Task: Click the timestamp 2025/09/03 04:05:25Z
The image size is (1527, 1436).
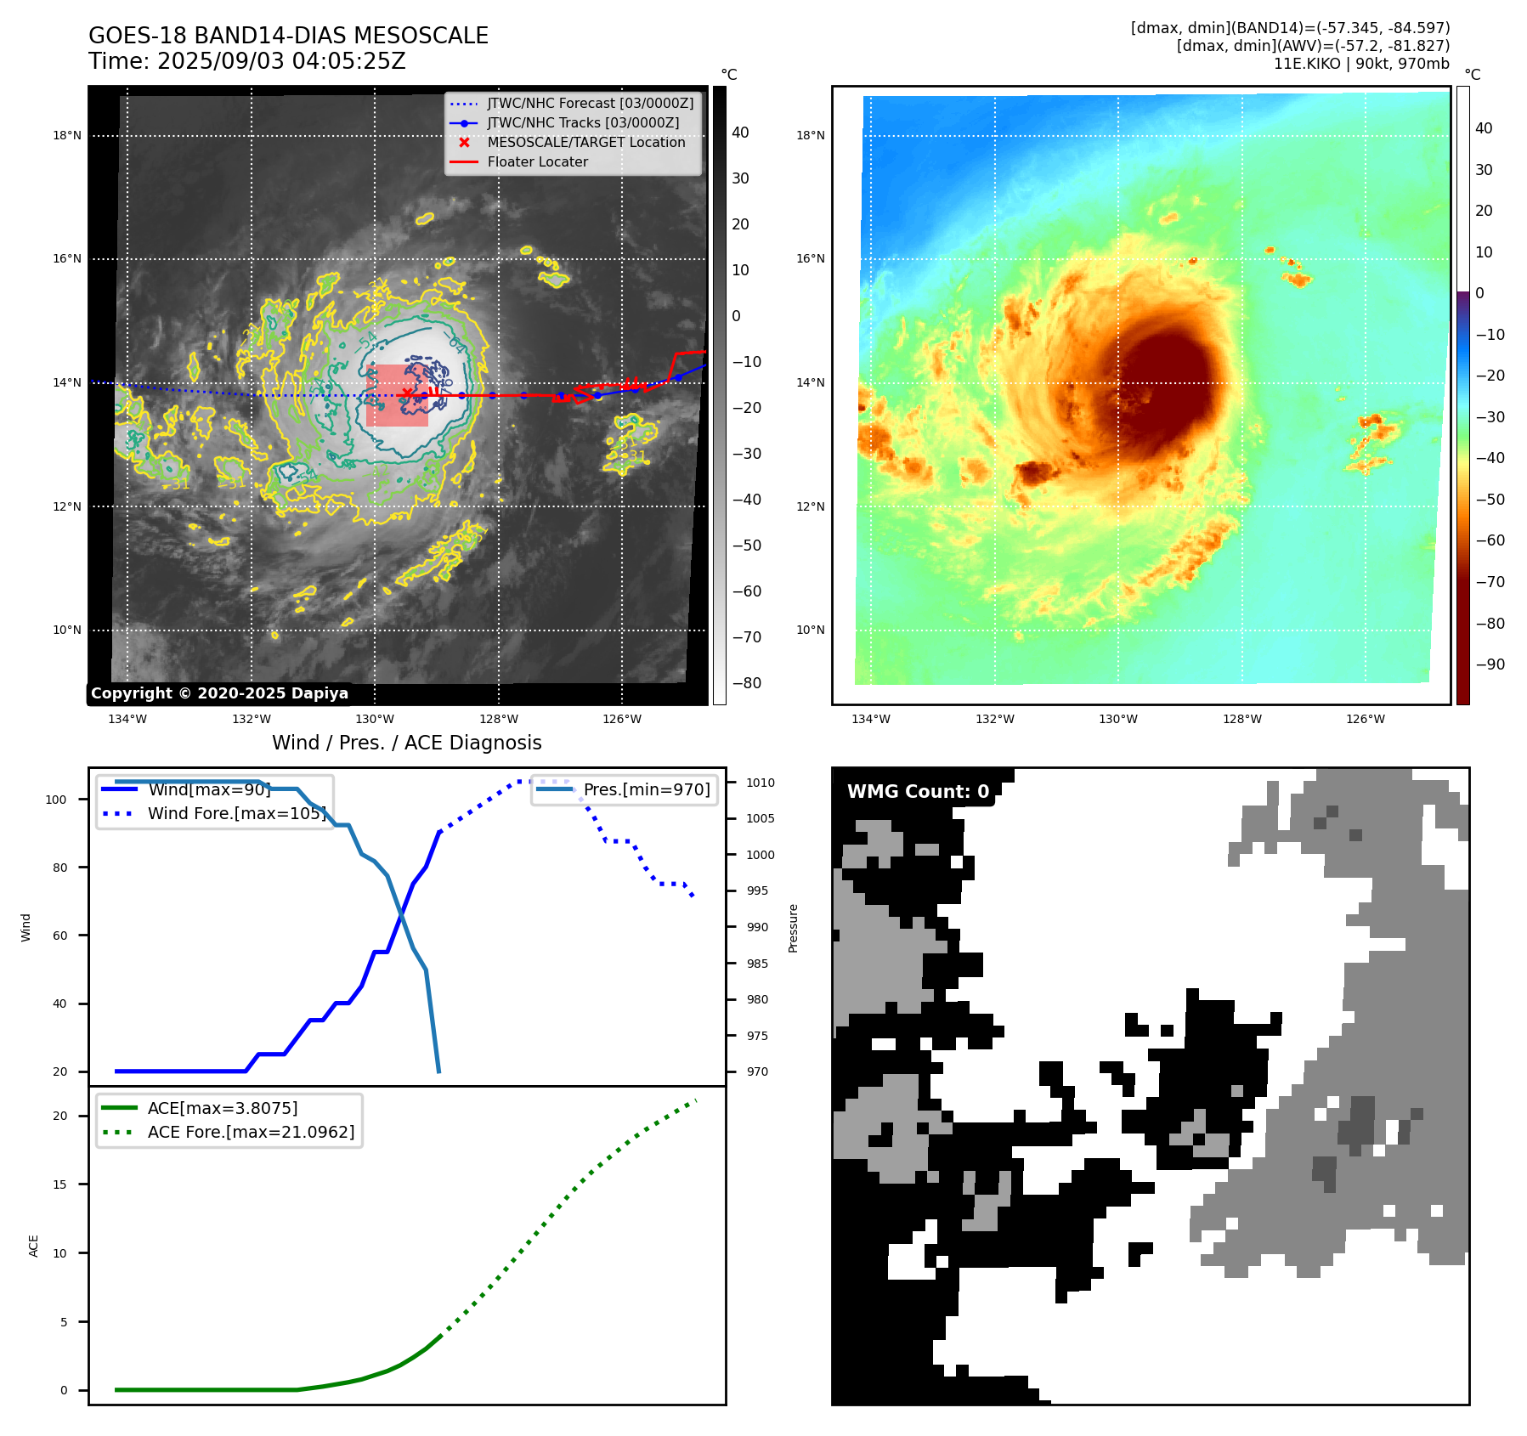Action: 281,62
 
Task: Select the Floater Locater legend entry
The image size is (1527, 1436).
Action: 537,162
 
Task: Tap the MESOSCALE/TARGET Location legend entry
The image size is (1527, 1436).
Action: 585,143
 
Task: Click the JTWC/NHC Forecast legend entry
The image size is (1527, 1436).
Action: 590,104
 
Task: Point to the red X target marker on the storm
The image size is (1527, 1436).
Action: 407,393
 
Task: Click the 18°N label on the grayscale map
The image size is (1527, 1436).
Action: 67,136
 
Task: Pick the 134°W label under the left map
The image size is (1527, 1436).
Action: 127,720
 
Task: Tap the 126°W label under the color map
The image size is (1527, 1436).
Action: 1365,720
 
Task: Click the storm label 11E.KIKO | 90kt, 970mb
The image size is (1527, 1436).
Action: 1361,64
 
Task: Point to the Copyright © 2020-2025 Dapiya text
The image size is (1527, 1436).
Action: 219,693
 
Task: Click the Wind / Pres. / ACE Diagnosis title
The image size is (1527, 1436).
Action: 406,743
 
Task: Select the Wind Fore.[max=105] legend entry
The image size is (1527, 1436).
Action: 236,814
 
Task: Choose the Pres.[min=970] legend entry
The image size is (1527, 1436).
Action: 646,790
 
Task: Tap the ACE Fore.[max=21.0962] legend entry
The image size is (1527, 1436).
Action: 251,1133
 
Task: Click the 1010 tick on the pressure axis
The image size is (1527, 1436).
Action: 761,783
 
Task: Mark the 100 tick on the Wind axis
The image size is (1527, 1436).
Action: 56,800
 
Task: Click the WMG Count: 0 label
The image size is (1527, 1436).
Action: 918,792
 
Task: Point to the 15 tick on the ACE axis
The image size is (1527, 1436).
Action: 59,1185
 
